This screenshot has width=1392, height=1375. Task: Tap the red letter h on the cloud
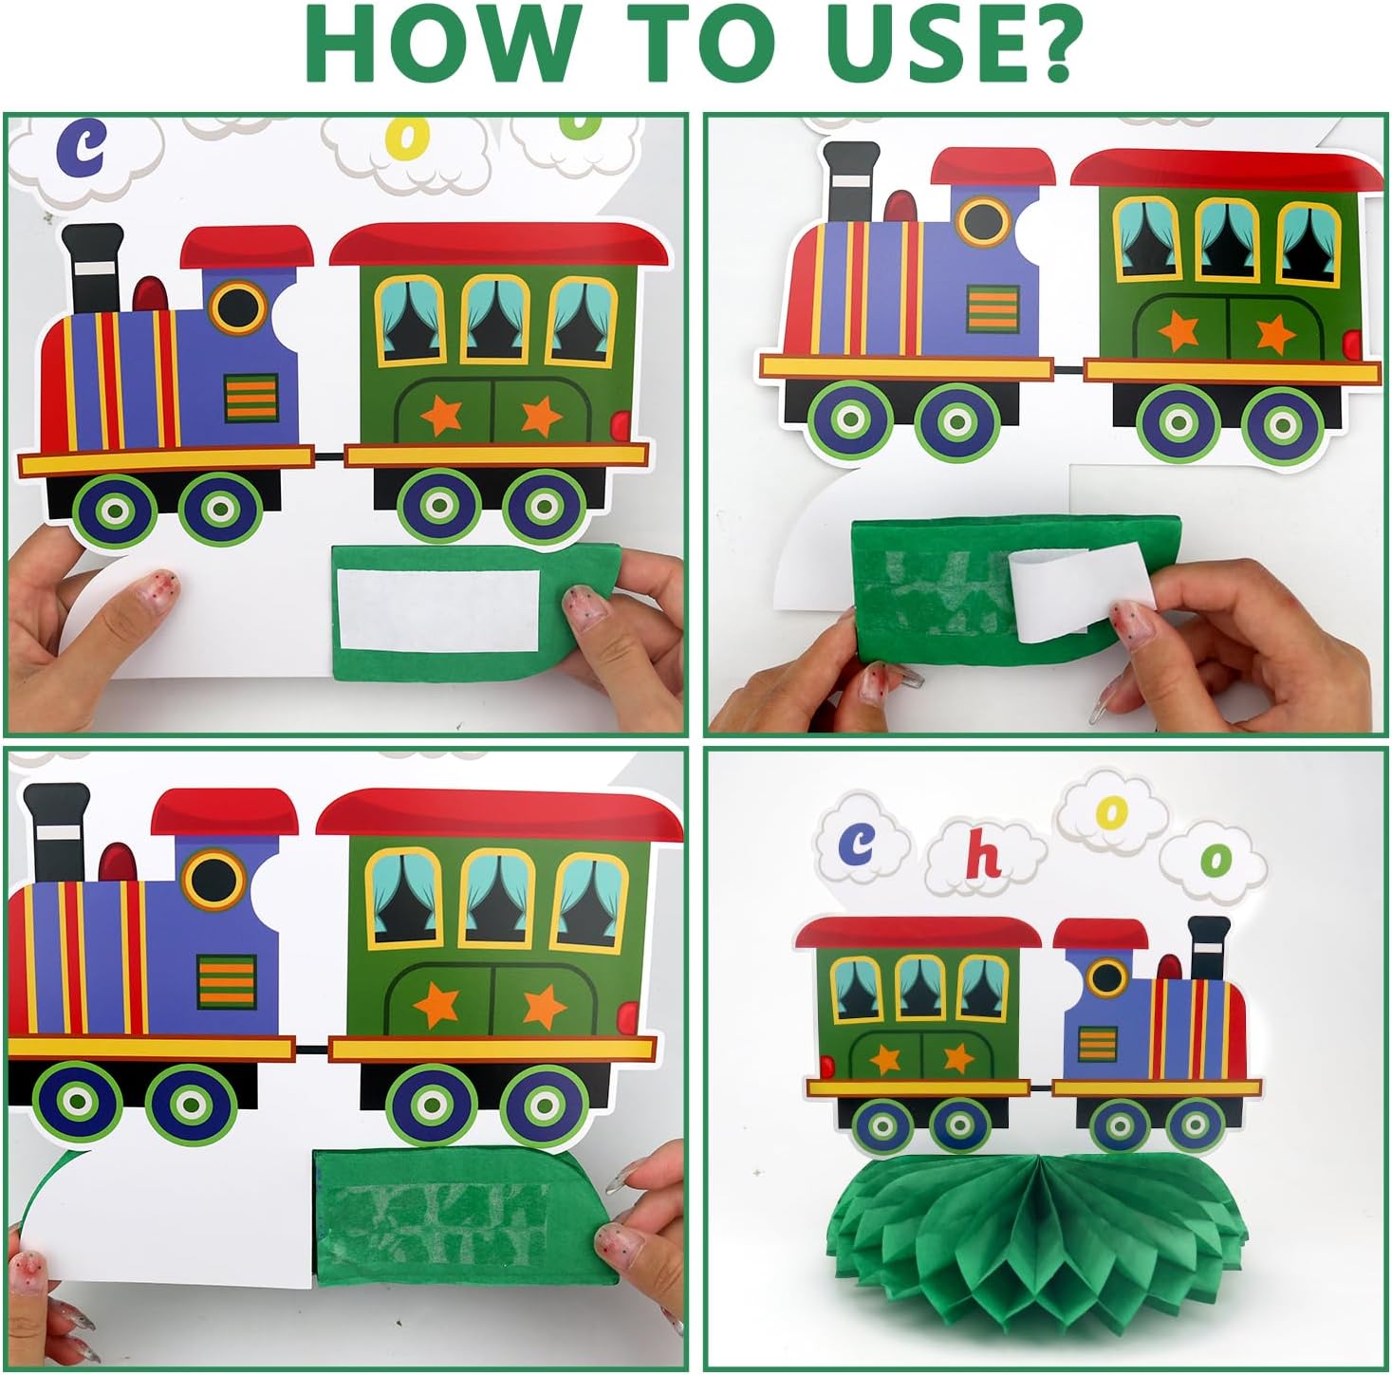tap(983, 857)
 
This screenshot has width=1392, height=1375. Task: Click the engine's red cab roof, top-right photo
tap(993, 168)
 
